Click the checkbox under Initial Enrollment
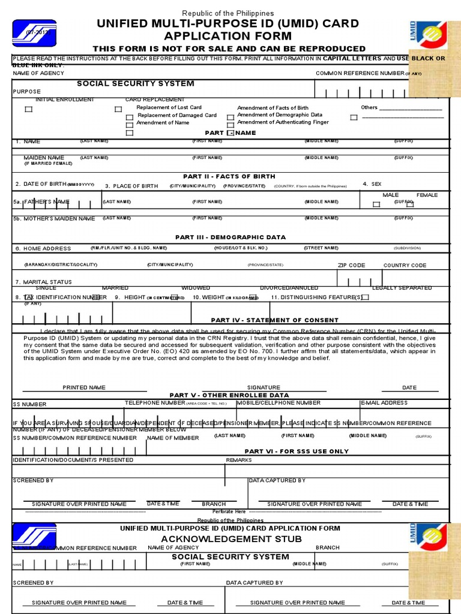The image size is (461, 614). tap(28, 109)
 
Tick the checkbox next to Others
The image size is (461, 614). tap(354, 118)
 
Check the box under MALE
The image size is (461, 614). tap(376, 204)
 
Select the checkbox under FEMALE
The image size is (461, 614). tap(410, 204)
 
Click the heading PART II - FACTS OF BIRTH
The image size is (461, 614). tap(229, 176)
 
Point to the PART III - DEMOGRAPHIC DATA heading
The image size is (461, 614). tap(230, 237)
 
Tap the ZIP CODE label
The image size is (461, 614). tap(351, 265)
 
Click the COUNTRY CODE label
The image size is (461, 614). tap(405, 265)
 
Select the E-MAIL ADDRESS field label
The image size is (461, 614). tap(384, 403)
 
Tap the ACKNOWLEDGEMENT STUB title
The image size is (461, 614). tap(231, 538)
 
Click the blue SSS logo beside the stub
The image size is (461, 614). tap(34, 535)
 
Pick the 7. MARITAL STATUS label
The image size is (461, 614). tap(43, 282)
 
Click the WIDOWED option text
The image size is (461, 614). tap(196, 288)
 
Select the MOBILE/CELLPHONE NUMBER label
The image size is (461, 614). tap(279, 403)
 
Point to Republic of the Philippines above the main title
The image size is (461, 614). tap(227, 13)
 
